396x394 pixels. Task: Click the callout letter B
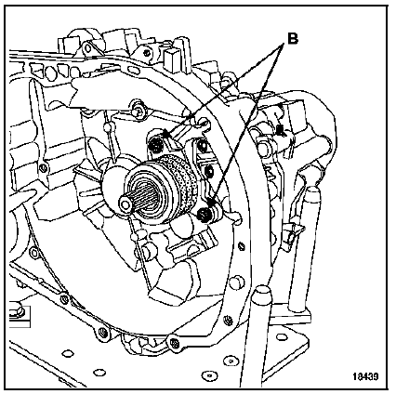tap(292, 39)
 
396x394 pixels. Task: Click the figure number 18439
tap(365, 376)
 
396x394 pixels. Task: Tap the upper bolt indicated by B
tap(156, 145)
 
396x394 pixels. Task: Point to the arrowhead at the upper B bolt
tap(166, 134)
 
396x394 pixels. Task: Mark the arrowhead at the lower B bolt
tap(212, 204)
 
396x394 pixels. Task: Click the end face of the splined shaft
tap(125, 204)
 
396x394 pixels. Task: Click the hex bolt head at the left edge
tap(16, 310)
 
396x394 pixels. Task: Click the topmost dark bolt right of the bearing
tap(203, 144)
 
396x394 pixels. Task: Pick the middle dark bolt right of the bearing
tap(209, 170)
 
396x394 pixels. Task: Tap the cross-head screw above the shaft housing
tap(136, 109)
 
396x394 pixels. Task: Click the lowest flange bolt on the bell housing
tap(173, 342)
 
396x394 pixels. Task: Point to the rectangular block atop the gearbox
tap(171, 57)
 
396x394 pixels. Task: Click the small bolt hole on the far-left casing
tap(43, 168)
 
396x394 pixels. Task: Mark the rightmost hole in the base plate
tap(282, 336)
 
